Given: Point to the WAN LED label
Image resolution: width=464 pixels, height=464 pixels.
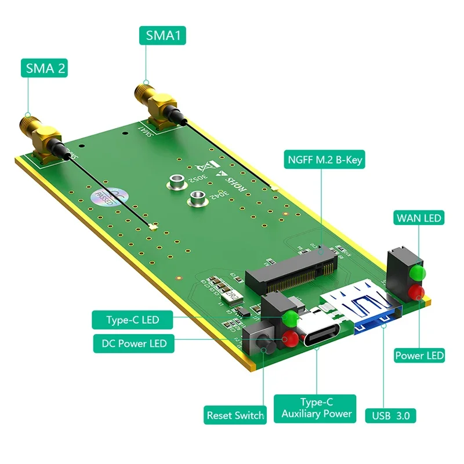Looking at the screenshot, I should [419, 218].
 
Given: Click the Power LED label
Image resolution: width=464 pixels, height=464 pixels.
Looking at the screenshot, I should [419, 355].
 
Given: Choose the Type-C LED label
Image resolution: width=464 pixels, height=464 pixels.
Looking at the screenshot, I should [132, 320].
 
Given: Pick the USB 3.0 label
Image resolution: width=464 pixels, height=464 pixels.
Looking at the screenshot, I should [391, 415].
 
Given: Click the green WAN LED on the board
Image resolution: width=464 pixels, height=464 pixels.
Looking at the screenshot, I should [416, 273].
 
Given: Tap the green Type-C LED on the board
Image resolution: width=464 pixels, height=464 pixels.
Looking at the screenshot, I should [291, 318].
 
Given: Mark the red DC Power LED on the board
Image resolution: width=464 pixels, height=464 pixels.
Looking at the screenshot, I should [290, 339].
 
